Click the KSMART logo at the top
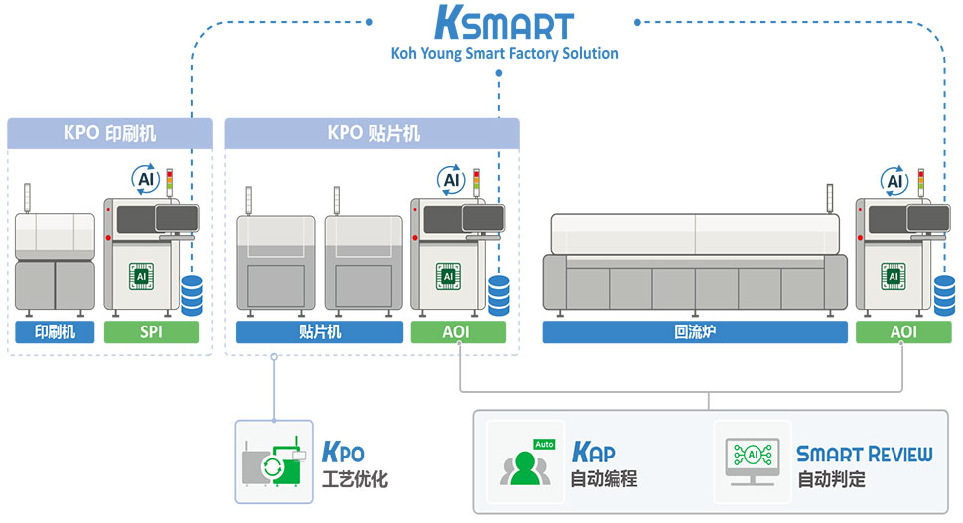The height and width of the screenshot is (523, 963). click(504, 24)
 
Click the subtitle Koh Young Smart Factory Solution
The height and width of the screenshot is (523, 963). click(504, 53)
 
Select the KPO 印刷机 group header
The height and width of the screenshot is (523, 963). click(110, 132)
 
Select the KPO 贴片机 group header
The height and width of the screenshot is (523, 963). click(372, 132)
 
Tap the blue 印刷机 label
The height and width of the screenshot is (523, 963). click(55, 332)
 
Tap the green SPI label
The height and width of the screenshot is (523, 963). click(151, 332)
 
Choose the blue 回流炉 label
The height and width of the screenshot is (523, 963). click(694, 332)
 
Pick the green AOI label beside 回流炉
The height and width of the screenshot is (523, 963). click(903, 332)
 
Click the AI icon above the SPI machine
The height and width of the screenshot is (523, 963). click(147, 180)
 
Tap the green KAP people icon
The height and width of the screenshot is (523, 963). click(525, 461)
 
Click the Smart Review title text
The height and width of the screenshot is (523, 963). click(864, 455)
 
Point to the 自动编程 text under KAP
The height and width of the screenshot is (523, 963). click(604, 479)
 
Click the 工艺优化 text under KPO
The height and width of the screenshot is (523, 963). click(355, 479)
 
